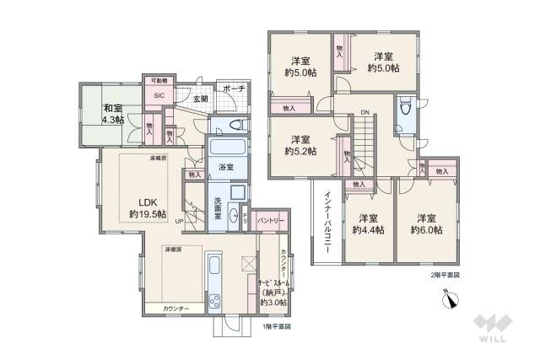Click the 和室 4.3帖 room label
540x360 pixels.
tap(114, 115)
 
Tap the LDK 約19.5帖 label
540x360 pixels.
tap(147, 208)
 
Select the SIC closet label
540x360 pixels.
tap(159, 95)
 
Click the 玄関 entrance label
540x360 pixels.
tap(200, 99)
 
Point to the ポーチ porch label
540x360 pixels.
tap(235, 89)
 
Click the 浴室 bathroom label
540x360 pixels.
tap(225, 166)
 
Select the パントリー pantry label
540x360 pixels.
tap(270, 220)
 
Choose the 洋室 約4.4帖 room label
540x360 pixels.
tap(368, 223)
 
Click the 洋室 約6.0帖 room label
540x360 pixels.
tap(428, 223)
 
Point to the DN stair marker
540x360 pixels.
tap(364, 112)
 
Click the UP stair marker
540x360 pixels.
tap(179, 222)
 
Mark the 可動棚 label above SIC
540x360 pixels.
tap(159, 80)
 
